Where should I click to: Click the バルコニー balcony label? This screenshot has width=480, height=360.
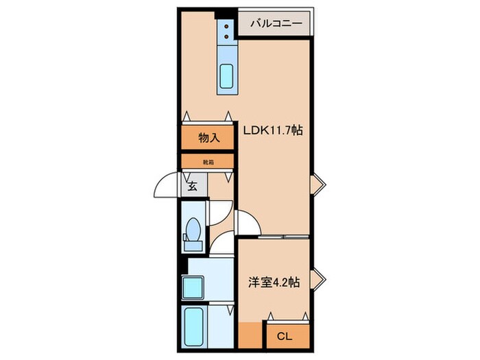pyautogui.click(x=275, y=23)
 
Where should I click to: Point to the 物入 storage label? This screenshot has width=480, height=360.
pyautogui.click(x=209, y=138)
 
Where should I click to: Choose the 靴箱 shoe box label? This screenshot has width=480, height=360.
pyautogui.click(x=208, y=163)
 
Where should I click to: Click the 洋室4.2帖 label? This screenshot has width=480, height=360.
pyautogui.click(x=273, y=283)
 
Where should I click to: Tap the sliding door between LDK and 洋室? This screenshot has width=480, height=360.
pyautogui.click(x=273, y=237)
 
